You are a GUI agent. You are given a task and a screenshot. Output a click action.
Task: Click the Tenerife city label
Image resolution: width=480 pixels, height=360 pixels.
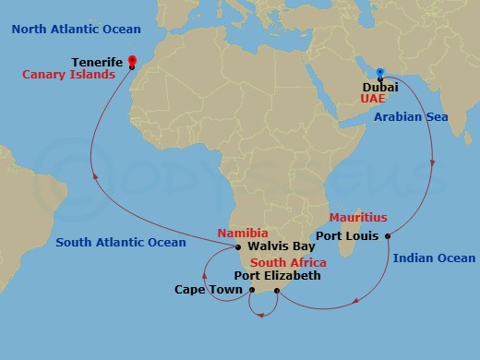coord(98,62)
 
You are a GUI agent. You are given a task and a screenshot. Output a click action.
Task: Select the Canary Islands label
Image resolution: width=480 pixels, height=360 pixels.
coord(69,75)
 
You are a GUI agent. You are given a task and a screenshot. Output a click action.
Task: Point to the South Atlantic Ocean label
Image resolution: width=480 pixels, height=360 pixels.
coord(121,243)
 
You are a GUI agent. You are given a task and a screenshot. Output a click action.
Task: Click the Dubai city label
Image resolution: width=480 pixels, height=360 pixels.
coord(379,85)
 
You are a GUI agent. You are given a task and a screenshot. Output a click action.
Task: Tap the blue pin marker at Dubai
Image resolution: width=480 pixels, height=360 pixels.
coord(379,70)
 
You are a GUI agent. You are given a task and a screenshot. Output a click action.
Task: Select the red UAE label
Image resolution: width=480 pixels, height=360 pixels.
coord(374,98)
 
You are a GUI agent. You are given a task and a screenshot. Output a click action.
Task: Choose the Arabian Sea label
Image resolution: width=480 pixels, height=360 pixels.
coord(410,117)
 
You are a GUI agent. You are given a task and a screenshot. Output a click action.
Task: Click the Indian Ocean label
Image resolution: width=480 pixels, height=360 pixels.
coord(434,258)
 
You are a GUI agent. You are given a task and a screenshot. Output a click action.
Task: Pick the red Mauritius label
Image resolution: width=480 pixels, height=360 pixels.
coord(358,218)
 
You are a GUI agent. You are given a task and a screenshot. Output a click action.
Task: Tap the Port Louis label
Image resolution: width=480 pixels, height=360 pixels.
coord(348,235)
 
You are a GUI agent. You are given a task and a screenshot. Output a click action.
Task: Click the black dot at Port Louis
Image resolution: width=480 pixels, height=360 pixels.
coord(388,235)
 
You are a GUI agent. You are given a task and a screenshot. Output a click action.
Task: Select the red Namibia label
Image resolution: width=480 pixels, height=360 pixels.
coord(243,234)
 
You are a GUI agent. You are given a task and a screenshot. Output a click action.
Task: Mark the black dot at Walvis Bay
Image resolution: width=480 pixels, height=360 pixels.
coord(239,247)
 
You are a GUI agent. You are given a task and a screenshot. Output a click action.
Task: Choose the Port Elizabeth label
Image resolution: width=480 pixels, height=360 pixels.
coord(277,275)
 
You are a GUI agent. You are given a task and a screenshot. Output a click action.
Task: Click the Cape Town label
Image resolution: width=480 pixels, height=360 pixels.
coord(210,290)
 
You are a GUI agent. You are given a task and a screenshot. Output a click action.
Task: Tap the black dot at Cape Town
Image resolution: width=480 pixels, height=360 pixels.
coord(252,290)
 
